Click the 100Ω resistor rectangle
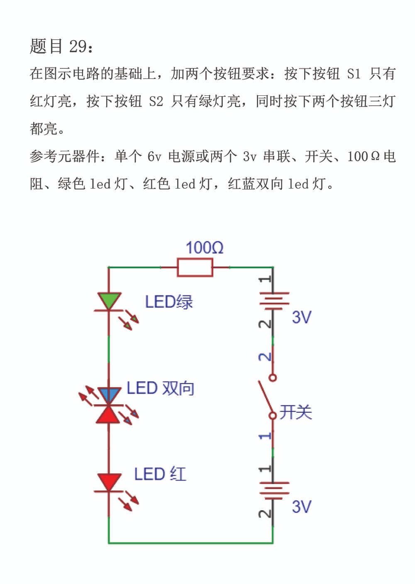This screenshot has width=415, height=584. tap(195, 267)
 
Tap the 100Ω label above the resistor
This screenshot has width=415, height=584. tap(204, 248)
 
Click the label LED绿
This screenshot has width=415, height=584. tap(169, 302)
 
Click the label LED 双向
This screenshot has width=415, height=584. tap(161, 388)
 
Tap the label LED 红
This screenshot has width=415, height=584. tap(160, 474)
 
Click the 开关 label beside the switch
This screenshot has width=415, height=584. tap(296, 412)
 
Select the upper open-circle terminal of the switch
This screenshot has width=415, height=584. tap(273, 378)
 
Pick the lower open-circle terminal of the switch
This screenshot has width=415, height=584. tap(273, 415)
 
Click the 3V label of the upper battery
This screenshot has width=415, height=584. tap(302, 317)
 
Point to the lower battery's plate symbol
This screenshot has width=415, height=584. tap(274, 491)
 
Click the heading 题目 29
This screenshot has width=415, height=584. tap(61, 46)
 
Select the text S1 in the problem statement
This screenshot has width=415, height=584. tap(354, 74)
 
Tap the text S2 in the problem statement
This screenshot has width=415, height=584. tap(156, 102)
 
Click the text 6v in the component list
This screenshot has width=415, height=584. tap(154, 157)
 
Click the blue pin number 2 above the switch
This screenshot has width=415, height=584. tap(265, 357)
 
